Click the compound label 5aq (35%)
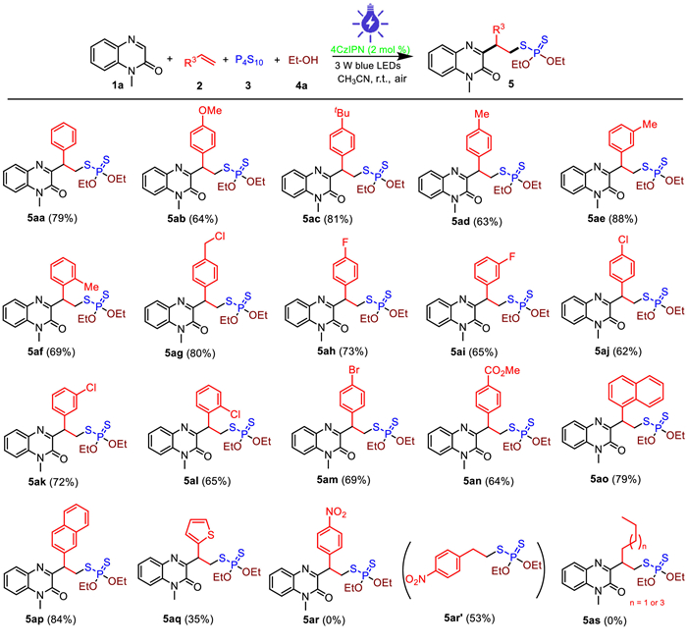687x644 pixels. [x=191, y=622]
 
